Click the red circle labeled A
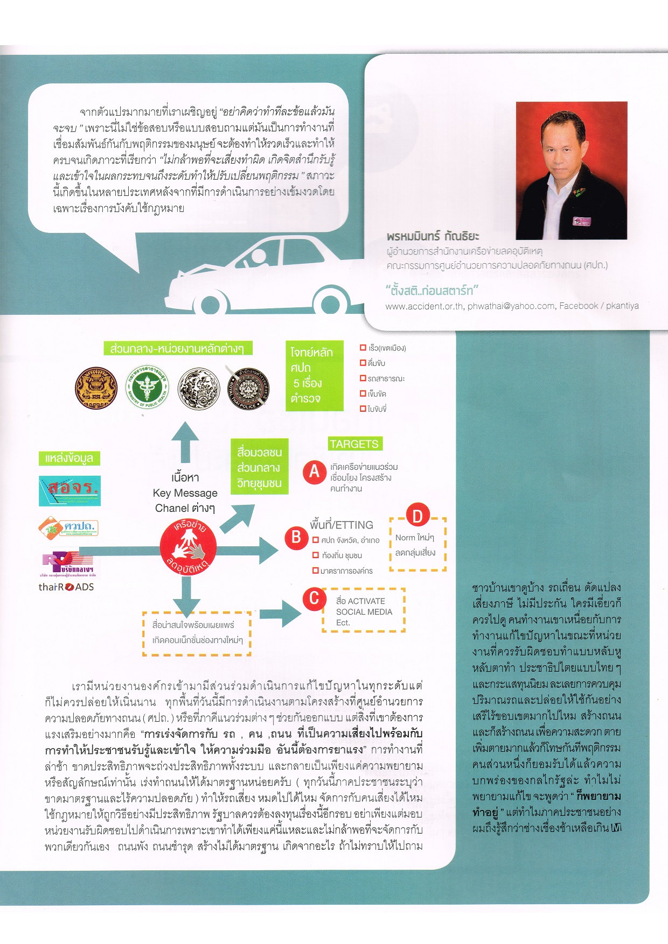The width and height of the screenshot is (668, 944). pyautogui.click(x=315, y=472)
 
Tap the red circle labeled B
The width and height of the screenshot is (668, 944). pyautogui.click(x=296, y=537)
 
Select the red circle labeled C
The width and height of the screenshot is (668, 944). pyautogui.click(x=314, y=598)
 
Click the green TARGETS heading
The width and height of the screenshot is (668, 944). pyautogui.click(x=354, y=444)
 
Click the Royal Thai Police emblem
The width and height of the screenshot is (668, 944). pyautogui.click(x=246, y=387)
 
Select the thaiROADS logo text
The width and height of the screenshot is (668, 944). pyautogui.click(x=66, y=587)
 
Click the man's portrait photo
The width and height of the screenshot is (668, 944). pyautogui.click(x=571, y=170)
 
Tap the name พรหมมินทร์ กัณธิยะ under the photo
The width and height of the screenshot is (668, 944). pyautogui.click(x=433, y=236)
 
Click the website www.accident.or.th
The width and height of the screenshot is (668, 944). pyautogui.click(x=424, y=306)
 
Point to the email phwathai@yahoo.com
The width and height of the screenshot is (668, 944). pyautogui.click(x=511, y=306)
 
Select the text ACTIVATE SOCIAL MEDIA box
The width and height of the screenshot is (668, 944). pyautogui.click(x=364, y=611)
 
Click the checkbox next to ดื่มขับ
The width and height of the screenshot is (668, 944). pyautogui.click(x=363, y=363)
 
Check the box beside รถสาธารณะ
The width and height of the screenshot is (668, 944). pyautogui.click(x=363, y=378)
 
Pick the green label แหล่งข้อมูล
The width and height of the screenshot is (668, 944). pyautogui.click(x=69, y=459)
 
